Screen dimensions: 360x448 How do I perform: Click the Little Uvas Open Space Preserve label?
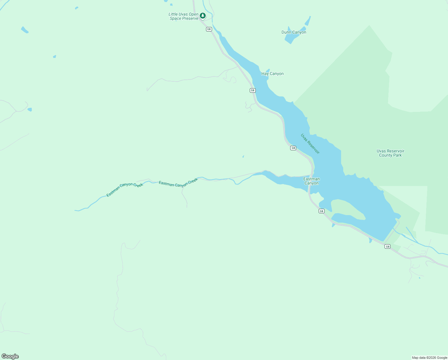(x=184, y=16)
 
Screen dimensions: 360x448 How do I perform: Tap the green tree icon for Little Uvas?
(x=203, y=15)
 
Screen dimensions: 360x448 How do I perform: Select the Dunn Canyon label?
(x=294, y=32)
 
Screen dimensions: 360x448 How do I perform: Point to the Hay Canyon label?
(x=273, y=74)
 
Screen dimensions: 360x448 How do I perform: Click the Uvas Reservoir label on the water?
(x=310, y=144)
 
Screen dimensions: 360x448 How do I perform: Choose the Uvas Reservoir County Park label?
(x=391, y=153)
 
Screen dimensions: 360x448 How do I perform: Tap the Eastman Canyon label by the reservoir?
(x=311, y=181)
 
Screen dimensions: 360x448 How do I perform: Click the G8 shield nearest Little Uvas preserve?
(x=209, y=29)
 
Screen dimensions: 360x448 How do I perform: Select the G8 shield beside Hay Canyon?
(x=253, y=90)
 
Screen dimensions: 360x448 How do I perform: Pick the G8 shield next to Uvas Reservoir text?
(x=293, y=148)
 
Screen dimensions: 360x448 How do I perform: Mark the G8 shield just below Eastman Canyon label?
(x=322, y=211)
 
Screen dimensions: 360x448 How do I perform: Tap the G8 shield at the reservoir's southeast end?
(x=388, y=247)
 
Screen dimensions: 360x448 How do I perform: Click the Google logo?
(x=10, y=356)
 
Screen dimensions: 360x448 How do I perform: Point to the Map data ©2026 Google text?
(x=429, y=358)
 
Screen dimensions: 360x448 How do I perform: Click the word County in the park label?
(x=386, y=155)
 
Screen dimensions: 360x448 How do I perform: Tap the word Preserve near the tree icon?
(x=191, y=19)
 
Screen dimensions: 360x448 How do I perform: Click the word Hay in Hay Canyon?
(x=265, y=74)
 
